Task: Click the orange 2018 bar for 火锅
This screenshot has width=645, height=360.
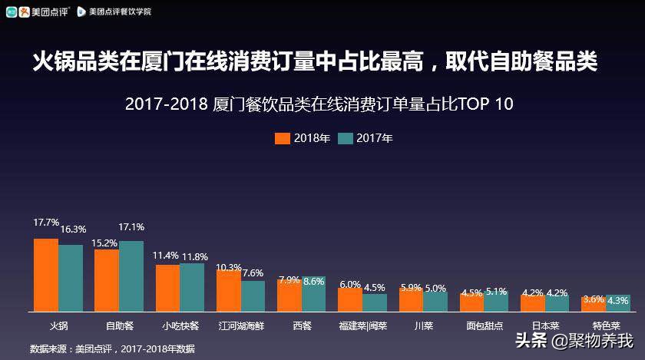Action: (45, 275)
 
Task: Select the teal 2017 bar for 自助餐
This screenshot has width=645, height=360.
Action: (131, 276)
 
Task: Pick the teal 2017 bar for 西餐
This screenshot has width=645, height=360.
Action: (313, 294)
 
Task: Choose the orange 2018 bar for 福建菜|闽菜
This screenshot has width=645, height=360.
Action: (350, 300)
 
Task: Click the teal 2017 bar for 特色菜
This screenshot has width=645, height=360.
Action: (618, 303)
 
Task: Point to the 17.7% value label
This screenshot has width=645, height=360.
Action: (45, 223)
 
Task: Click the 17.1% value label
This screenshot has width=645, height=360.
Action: (131, 227)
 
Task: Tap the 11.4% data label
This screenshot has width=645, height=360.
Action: (166, 256)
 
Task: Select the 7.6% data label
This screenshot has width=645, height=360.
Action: (253, 272)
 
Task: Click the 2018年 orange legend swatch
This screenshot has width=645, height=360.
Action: (283, 139)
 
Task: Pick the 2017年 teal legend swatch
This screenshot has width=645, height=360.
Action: (345, 139)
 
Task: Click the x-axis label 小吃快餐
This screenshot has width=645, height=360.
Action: (181, 325)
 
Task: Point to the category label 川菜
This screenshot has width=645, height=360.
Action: (423, 325)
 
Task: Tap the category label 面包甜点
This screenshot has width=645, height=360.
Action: (485, 325)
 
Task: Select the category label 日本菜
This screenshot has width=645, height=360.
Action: (544, 325)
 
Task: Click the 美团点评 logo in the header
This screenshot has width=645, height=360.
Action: (38, 12)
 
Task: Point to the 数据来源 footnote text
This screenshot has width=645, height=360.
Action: (112, 349)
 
